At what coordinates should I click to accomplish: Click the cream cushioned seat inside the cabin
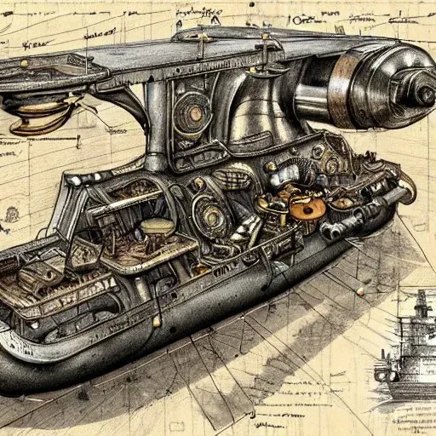coord(156,228)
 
